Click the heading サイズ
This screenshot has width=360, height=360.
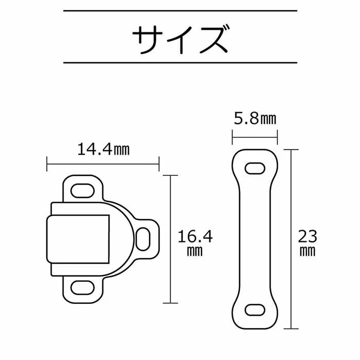click(181, 40)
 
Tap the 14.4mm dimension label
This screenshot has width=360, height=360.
click(103, 150)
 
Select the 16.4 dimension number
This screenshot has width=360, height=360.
click(195, 237)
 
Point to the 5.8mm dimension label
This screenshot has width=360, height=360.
click(255, 119)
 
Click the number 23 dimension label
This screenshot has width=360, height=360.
click(308, 237)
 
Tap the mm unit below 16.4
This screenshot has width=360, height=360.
click(195, 251)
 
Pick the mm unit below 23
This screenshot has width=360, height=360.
click(308, 251)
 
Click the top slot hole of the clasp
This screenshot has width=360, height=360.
click(82, 191)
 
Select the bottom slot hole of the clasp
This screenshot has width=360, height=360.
click(82, 287)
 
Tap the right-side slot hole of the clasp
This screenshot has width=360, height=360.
click(143, 239)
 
